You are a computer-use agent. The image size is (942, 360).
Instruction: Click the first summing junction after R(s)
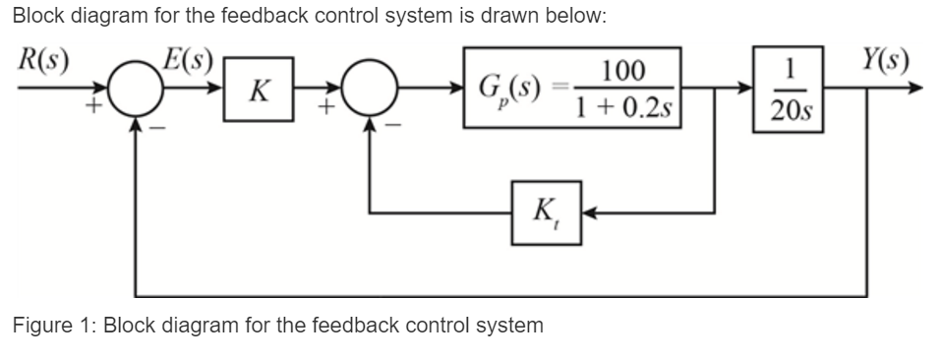135,93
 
